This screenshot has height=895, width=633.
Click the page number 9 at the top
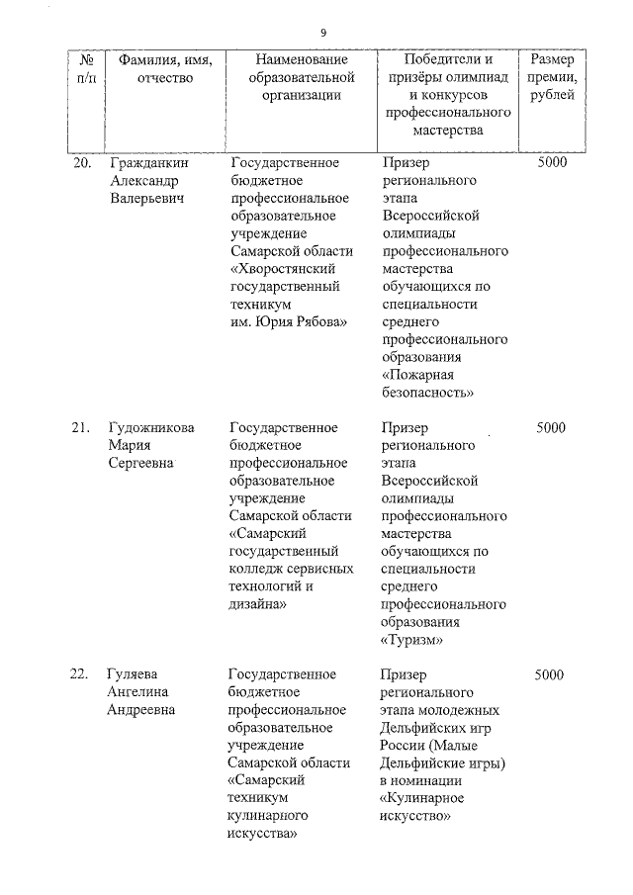pos(324,30)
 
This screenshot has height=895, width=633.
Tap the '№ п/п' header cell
pos(86,68)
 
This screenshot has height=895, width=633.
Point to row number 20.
pos(83,162)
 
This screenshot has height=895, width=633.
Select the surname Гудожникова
pos(151,427)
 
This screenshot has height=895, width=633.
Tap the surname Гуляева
pos(136,674)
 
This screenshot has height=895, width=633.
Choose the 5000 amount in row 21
pos(550,427)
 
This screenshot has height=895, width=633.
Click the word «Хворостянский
pos(285,268)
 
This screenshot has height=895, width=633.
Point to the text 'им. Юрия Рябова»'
pos(288,321)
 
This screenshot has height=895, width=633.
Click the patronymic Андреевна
pos(141,709)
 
